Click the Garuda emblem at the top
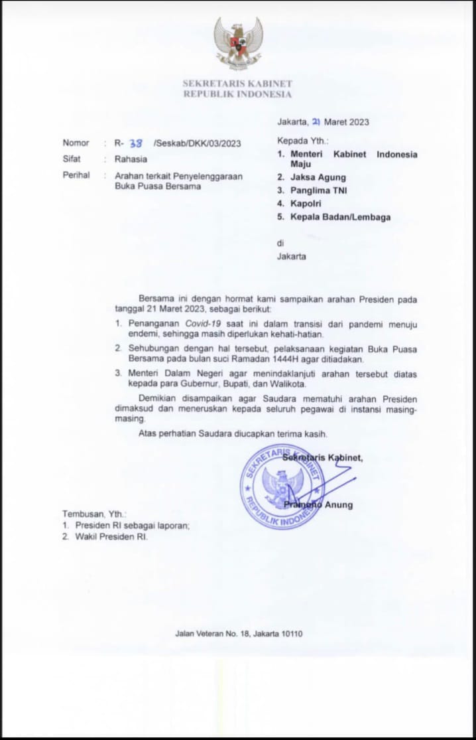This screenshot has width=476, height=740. pyautogui.click(x=238, y=43)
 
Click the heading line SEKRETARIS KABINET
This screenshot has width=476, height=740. pyautogui.click(x=237, y=84)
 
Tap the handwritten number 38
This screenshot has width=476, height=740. pyautogui.click(x=135, y=143)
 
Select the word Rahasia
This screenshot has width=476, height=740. pyautogui.click(x=131, y=159)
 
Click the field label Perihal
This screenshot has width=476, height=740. pyautogui.click(x=76, y=176)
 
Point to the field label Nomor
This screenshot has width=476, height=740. pyautogui.click(x=76, y=143)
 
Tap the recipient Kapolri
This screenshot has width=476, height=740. pyautogui.click(x=306, y=204)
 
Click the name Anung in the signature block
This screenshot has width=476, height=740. pyautogui.click(x=339, y=505)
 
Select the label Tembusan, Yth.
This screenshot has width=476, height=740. pyautogui.click(x=94, y=514)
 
